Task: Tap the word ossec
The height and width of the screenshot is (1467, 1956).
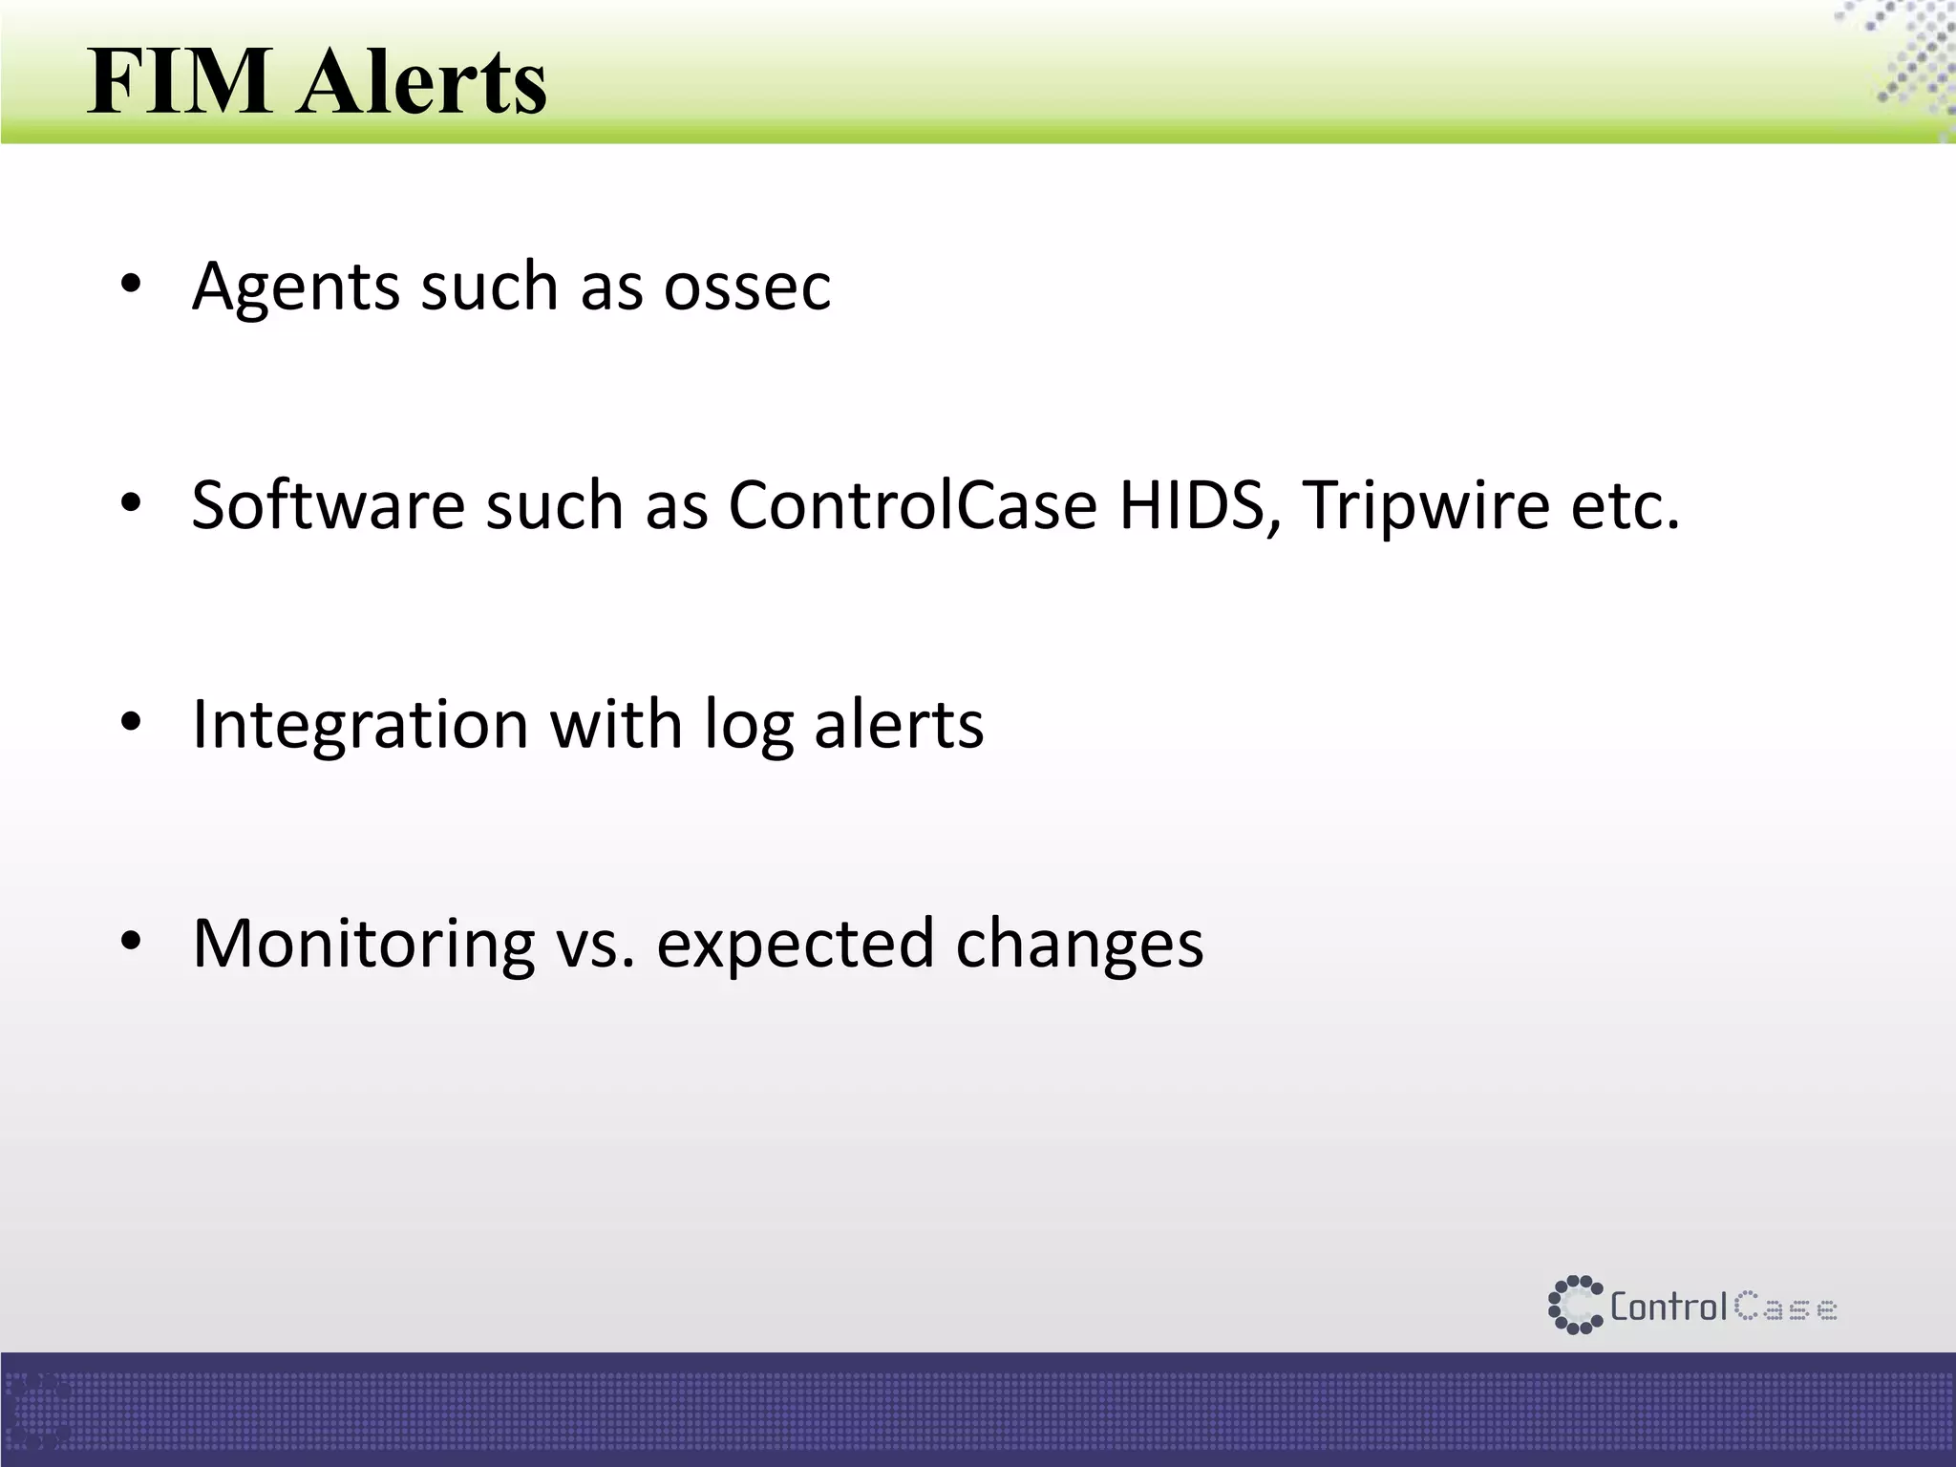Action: point(747,286)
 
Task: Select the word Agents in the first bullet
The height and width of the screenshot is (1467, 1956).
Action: point(295,287)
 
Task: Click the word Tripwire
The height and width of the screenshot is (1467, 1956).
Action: point(1426,505)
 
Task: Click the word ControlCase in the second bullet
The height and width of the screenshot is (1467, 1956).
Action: point(912,505)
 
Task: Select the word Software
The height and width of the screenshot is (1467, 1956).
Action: point(328,505)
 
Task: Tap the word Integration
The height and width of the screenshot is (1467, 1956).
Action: point(360,726)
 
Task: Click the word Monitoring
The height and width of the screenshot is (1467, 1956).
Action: point(363,945)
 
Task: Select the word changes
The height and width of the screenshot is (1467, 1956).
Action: point(1079,945)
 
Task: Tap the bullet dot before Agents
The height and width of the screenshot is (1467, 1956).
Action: point(131,285)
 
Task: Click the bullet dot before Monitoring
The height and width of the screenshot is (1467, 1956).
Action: point(131,942)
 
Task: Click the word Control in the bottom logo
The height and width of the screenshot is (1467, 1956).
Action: point(1669,1306)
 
